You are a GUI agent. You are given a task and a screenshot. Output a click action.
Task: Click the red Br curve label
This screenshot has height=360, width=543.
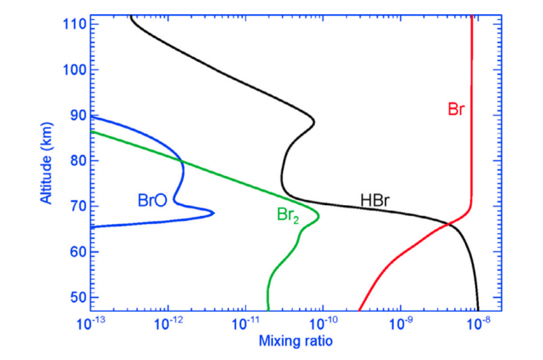pos(456,109)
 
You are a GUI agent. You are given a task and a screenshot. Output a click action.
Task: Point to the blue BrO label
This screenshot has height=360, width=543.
pos(153,200)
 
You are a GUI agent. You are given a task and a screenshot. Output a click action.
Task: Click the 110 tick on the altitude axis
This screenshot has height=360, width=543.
pos(73,24)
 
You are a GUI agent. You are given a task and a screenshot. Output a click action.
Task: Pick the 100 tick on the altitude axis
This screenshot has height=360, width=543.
pos(73,70)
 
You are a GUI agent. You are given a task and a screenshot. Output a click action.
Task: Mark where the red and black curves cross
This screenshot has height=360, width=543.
pos(448,223)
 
